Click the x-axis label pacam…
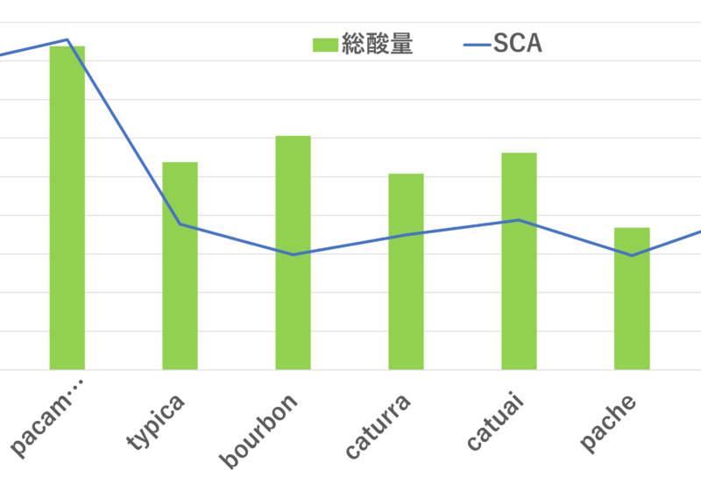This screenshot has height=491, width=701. pyautogui.click(x=47, y=417)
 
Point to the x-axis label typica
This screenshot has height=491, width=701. pyautogui.click(x=157, y=421)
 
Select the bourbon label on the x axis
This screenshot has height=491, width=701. pyautogui.click(x=259, y=430)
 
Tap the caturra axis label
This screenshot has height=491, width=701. pyautogui.click(x=378, y=426)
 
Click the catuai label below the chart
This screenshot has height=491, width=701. pyautogui.click(x=494, y=422)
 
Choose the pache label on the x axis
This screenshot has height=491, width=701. pyautogui.click(x=608, y=422)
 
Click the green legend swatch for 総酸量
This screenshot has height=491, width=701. pyautogui.click(x=325, y=45)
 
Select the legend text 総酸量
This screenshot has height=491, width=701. pyautogui.click(x=378, y=44)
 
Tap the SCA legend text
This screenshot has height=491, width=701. pyautogui.click(x=518, y=44)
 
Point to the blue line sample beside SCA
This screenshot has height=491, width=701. pyautogui.click(x=477, y=45)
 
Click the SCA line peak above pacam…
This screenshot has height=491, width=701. pyautogui.click(x=67, y=39)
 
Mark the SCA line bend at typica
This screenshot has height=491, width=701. pyautogui.click(x=181, y=224)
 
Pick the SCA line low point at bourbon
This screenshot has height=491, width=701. pyautogui.click(x=294, y=254)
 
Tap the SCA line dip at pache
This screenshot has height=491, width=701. pyautogui.click(x=632, y=255)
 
